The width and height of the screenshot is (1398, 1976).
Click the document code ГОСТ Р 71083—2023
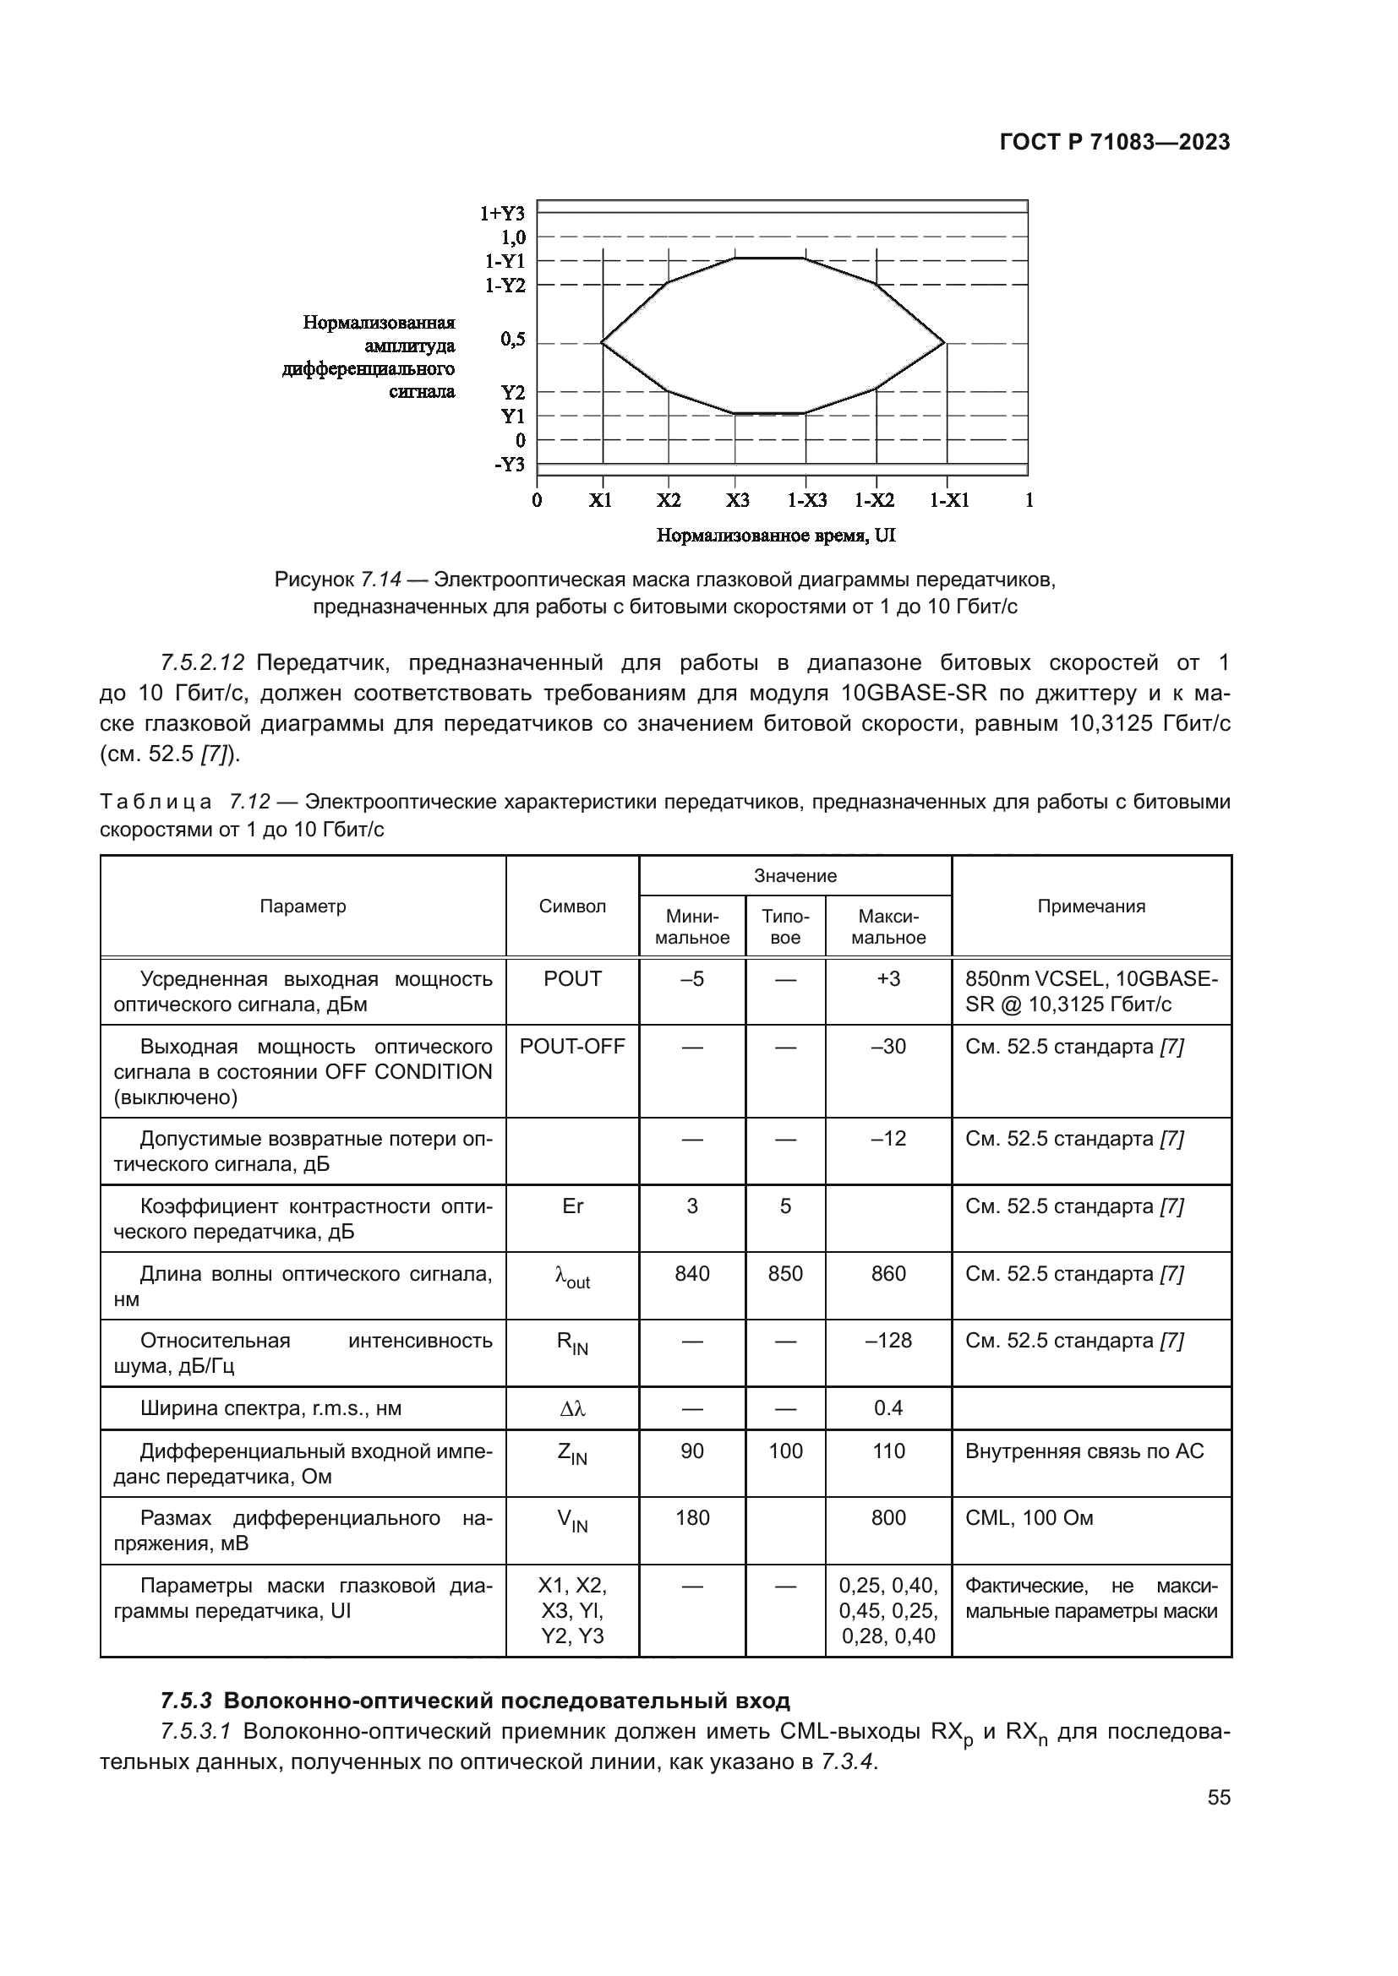point(1114,143)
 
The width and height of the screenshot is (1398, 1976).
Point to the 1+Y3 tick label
point(503,214)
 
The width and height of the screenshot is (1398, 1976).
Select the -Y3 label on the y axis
point(510,465)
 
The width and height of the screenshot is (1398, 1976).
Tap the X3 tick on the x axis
point(737,501)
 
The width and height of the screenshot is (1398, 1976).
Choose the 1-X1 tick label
point(948,501)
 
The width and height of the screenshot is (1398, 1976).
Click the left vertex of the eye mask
point(601,342)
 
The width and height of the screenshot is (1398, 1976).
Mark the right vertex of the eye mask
point(945,342)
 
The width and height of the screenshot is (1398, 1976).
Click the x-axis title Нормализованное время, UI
point(776,536)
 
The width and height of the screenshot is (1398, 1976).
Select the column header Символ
point(572,906)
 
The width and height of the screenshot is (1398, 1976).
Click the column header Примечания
point(1090,906)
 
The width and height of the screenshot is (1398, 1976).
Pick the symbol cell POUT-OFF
point(572,1047)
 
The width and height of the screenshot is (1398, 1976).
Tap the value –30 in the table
point(887,1047)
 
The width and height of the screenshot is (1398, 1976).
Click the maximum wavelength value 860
point(887,1274)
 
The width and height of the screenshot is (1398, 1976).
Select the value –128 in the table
point(887,1341)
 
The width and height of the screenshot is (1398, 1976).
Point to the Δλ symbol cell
point(572,1409)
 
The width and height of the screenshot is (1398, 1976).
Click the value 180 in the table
point(692,1518)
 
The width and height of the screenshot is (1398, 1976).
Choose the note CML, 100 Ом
point(1029,1518)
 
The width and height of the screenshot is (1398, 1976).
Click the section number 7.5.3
point(186,1701)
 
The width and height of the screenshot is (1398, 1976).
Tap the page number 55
point(1218,1799)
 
